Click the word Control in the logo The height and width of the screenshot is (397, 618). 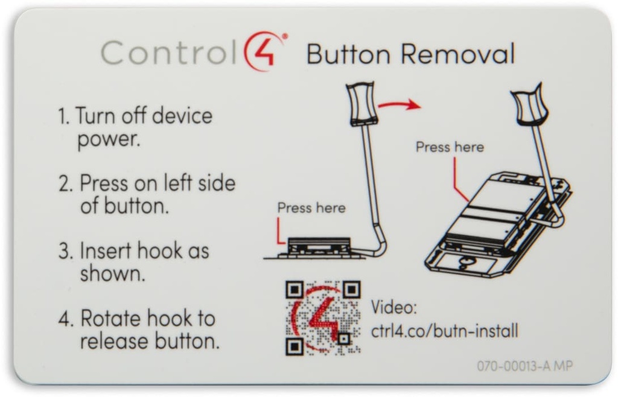tap(169, 52)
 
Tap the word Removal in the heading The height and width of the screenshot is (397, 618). tap(458, 54)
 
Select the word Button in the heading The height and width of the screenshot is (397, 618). tap(348, 54)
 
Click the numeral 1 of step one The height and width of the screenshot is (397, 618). tap(63, 116)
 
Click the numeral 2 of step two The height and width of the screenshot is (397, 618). tap(66, 183)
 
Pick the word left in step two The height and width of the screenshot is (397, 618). tap(178, 183)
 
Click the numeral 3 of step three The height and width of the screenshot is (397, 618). tap(66, 251)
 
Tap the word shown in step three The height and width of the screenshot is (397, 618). tap(113, 273)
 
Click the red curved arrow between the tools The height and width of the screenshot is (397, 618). tap(399, 104)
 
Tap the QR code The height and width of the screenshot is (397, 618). tap(323, 318)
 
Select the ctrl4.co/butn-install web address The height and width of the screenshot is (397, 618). tap(445, 331)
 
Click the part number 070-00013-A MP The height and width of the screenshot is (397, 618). tap(524, 366)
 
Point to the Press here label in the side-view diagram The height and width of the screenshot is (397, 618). tap(311, 208)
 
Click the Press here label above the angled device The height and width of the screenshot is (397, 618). tap(450, 147)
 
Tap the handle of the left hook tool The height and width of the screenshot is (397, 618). tap(362, 104)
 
